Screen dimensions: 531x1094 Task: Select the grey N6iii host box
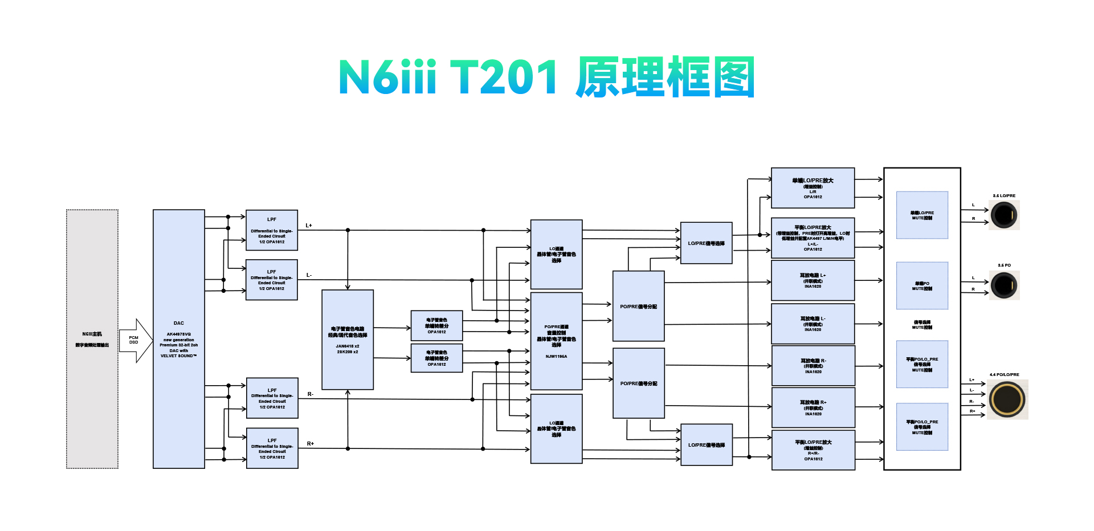(x=92, y=339)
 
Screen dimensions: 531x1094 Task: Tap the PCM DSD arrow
(x=136, y=340)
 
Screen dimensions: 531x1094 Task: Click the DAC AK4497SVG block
(x=178, y=339)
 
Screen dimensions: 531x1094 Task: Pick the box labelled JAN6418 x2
(x=348, y=340)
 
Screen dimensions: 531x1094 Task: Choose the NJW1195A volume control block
(x=556, y=341)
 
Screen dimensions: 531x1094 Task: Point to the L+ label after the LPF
(x=309, y=226)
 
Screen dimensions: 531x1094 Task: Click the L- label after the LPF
(x=309, y=275)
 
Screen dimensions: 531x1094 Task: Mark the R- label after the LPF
(x=311, y=394)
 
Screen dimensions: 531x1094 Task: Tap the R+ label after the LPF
(x=311, y=444)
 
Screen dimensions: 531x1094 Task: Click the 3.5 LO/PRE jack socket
(x=1004, y=215)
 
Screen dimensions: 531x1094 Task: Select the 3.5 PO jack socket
(x=1004, y=285)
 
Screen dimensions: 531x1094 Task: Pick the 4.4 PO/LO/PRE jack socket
(x=1007, y=399)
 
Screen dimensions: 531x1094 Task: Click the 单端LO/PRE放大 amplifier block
(x=813, y=188)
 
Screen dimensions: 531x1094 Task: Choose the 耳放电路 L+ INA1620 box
(x=813, y=280)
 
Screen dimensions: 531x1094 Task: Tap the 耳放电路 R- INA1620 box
(x=813, y=366)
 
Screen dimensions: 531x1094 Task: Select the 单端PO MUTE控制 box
(x=922, y=285)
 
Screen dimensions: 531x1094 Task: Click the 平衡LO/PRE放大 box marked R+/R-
(x=813, y=450)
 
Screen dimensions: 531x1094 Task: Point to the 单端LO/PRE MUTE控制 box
(x=922, y=215)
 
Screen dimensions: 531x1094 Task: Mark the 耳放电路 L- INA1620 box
(x=813, y=324)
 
